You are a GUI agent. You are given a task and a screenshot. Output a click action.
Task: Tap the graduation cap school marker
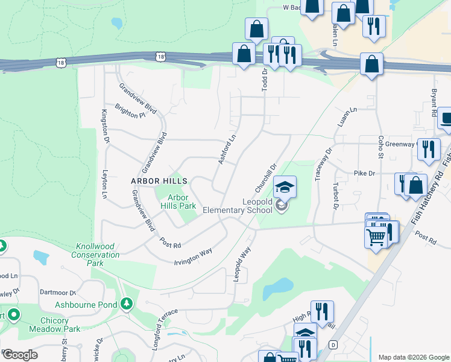tap(285, 186)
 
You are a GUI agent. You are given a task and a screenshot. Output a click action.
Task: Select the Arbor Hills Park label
tap(178, 202)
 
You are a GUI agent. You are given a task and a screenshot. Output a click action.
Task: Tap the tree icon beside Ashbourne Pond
tap(126, 303)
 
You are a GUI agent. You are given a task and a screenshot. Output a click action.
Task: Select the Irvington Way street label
tap(193, 255)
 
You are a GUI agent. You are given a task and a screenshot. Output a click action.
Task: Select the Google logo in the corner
tap(20, 355)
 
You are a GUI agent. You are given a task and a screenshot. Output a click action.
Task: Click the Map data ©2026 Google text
tap(414, 357)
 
